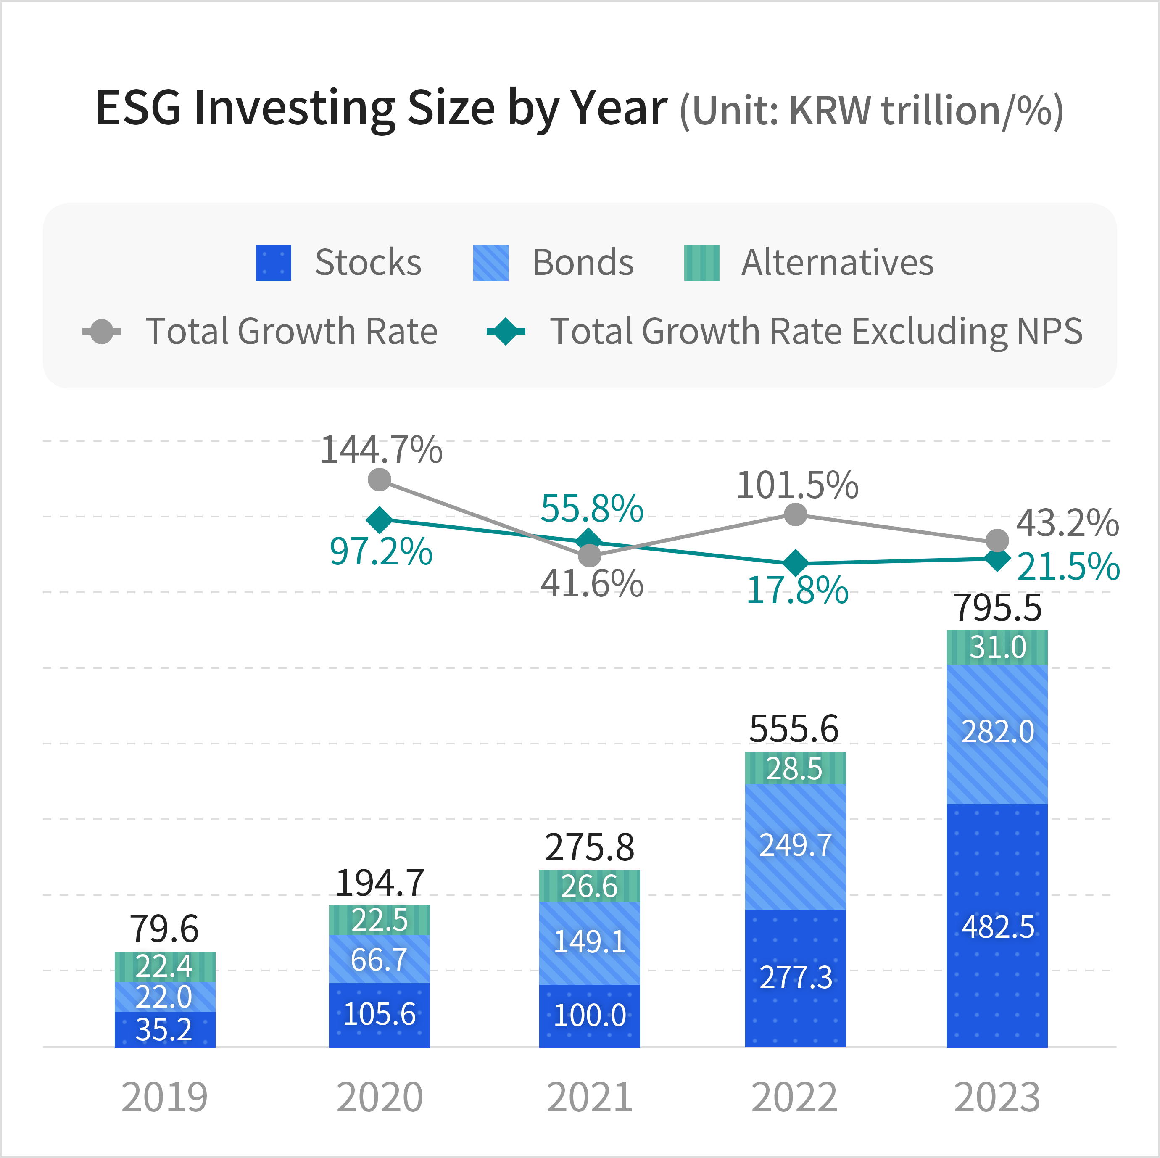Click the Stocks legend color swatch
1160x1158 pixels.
point(273,263)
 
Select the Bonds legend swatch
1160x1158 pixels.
point(490,263)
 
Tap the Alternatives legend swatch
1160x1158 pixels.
point(701,263)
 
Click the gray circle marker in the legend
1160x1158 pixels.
point(101,331)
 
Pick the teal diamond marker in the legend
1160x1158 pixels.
point(506,331)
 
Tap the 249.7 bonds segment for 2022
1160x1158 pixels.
point(795,845)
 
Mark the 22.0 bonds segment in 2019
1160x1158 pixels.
point(164,997)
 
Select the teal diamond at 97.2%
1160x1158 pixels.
point(380,520)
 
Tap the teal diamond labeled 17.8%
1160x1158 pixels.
point(796,562)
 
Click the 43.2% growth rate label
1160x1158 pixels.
point(1067,523)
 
